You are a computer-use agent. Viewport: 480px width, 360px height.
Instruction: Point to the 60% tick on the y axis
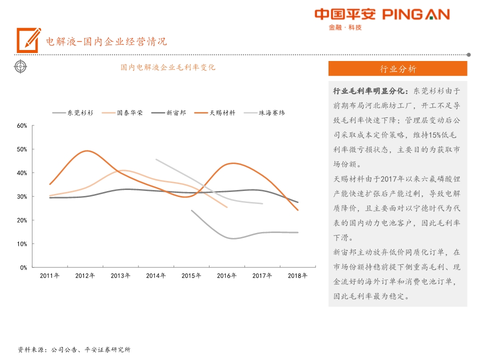click(x=22, y=125)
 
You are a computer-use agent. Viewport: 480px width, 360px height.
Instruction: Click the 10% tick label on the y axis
click(x=22, y=244)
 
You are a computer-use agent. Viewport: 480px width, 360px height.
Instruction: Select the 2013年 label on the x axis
click(x=120, y=275)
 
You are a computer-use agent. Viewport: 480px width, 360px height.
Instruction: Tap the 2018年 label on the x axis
click(x=298, y=275)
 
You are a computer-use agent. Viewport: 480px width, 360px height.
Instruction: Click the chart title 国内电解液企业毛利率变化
click(x=167, y=67)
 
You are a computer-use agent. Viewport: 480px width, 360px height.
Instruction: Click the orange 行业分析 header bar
click(x=397, y=69)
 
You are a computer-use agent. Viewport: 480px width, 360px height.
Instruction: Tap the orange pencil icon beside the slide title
click(x=28, y=40)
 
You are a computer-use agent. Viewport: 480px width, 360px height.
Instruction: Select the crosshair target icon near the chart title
click(x=20, y=66)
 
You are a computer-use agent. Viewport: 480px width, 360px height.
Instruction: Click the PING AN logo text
click(x=415, y=14)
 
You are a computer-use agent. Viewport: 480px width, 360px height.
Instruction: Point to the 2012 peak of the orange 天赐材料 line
click(x=87, y=150)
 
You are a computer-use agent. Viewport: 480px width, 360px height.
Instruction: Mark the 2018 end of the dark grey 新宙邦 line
click(x=298, y=202)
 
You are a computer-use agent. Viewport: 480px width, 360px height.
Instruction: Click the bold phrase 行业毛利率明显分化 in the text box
click(x=370, y=91)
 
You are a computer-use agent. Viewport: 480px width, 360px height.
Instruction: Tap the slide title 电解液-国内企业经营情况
click(x=106, y=41)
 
